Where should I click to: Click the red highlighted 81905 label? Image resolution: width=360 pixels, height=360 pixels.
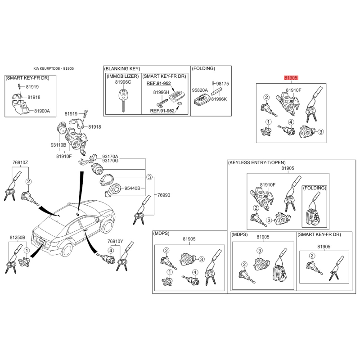[291, 78]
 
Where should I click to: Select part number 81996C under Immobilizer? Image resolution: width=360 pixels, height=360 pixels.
[123, 82]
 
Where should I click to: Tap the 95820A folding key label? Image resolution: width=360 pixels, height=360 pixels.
[200, 90]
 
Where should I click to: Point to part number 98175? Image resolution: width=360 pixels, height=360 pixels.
[222, 84]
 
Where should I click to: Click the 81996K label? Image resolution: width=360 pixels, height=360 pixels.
[219, 99]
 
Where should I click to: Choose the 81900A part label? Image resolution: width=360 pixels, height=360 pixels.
[42, 111]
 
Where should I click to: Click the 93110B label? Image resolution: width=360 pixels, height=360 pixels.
[58, 145]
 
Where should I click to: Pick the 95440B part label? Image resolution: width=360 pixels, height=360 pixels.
[132, 188]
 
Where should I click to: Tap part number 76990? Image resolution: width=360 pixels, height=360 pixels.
[164, 195]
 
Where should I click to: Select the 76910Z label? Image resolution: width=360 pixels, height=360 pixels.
[20, 162]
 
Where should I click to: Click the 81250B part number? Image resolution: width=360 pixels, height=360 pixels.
[18, 238]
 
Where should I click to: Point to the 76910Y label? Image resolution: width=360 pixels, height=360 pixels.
[115, 241]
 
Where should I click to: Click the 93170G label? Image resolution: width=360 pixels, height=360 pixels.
[110, 161]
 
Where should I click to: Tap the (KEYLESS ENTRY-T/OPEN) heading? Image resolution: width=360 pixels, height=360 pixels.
[256, 163]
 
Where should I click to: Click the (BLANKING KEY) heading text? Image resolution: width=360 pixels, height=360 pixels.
[122, 69]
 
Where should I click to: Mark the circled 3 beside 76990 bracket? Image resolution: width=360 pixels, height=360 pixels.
[149, 177]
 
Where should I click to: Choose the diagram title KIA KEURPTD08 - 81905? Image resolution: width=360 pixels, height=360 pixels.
[54, 68]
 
